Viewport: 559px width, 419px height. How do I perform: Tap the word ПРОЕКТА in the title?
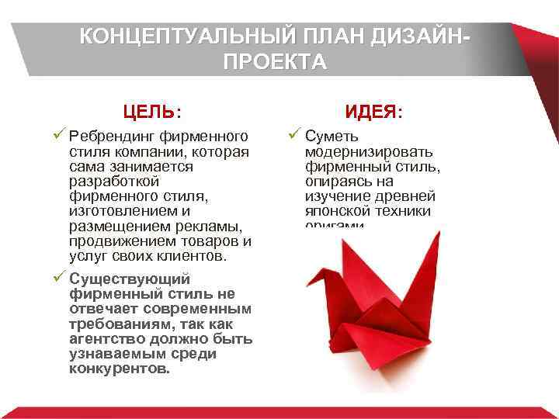coord(275,62)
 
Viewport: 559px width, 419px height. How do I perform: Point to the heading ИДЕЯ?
coord(374,112)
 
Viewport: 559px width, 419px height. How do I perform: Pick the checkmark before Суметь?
coord(293,136)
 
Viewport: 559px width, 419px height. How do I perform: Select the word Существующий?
coord(129,279)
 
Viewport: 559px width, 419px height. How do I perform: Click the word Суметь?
coord(332,137)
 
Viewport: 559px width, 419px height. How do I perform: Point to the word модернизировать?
coord(369,151)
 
